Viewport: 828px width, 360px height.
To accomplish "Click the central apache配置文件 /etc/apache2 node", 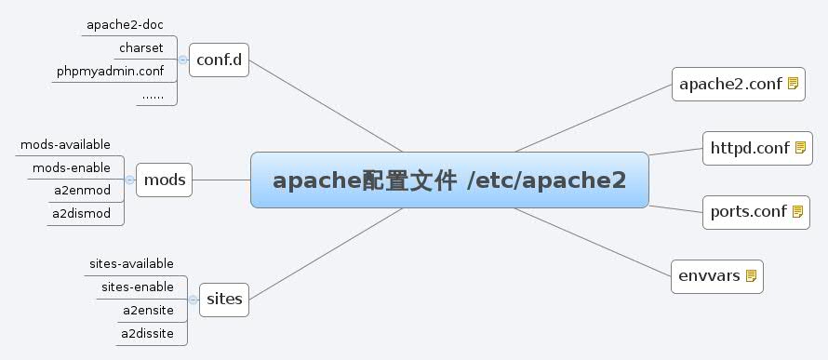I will (x=449, y=180).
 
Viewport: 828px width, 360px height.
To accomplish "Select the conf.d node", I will (x=219, y=60).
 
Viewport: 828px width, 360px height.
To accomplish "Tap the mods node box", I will (x=166, y=180).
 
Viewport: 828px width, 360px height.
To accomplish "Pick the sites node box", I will (x=223, y=299).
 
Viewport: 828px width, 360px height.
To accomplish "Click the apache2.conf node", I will (x=730, y=84).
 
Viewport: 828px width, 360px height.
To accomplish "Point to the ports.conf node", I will (x=743, y=210).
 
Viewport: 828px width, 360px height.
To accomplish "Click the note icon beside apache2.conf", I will (x=794, y=84).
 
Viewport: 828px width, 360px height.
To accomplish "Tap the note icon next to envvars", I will (x=752, y=275).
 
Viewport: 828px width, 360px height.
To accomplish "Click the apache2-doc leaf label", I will (x=126, y=24).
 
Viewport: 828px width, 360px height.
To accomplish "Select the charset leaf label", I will (x=141, y=47).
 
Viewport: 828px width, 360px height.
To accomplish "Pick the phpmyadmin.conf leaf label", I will (x=110, y=71).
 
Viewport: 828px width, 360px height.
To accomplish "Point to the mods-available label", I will (x=65, y=144).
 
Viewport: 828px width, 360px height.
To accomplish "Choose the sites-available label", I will (x=131, y=263).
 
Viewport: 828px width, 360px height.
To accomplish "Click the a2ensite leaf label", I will (x=148, y=310).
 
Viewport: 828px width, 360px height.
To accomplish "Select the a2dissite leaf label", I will (x=147, y=333).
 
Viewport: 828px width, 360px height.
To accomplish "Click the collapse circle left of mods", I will (x=130, y=180).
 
